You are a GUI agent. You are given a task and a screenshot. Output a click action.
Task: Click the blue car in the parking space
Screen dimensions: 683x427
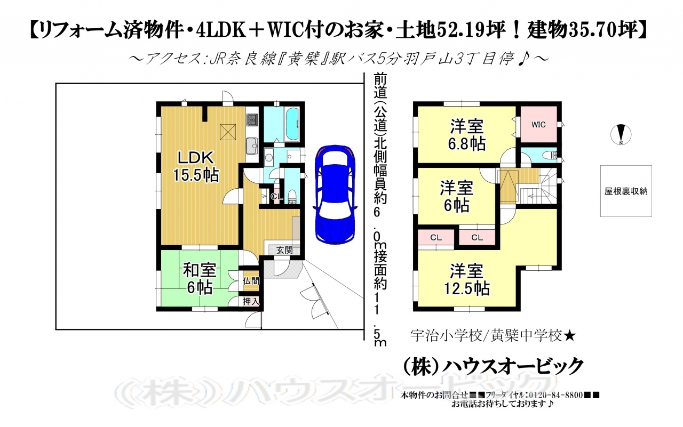click(x=335, y=195)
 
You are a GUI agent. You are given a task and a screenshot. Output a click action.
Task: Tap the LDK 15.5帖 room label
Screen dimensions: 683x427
click(x=196, y=167)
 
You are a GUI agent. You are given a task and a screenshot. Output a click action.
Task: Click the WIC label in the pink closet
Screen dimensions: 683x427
click(x=538, y=125)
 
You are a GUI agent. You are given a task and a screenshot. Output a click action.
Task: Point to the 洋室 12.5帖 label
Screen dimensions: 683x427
click(x=467, y=280)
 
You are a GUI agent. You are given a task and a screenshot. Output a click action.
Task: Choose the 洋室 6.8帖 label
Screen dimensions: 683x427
click(x=467, y=135)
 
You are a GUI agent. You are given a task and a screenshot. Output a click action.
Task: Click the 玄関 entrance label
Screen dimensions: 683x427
click(x=284, y=250)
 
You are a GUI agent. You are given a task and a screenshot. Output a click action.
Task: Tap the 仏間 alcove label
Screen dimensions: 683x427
click(x=251, y=281)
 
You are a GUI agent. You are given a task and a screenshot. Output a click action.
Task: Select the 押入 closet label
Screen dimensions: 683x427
click(x=251, y=301)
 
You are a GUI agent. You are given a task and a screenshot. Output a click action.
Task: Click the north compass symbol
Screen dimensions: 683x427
click(x=621, y=135)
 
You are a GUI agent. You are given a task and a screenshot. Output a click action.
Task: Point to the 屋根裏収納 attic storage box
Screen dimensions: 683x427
click(x=626, y=191)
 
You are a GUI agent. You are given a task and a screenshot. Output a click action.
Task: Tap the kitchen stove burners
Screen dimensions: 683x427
click(x=252, y=120)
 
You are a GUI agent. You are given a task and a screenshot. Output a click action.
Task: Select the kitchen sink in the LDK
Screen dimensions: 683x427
click(x=252, y=146)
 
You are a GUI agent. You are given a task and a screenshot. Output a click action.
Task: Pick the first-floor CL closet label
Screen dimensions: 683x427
click(x=277, y=197)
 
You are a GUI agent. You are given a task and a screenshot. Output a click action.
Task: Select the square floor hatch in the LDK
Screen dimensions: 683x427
click(x=227, y=132)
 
